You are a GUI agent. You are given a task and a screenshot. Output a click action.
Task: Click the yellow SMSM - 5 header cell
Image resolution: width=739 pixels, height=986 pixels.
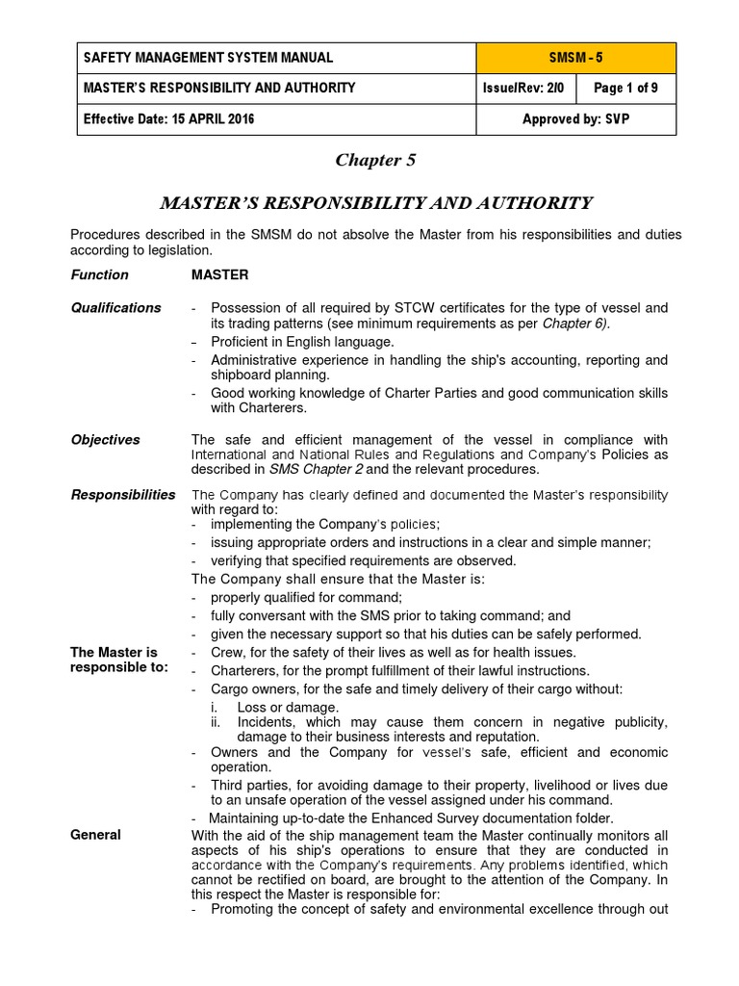pos(575,58)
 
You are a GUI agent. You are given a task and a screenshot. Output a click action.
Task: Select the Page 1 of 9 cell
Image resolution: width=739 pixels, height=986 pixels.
pos(626,89)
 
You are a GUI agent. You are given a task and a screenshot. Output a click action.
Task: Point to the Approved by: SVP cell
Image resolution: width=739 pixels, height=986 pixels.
pos(575,119)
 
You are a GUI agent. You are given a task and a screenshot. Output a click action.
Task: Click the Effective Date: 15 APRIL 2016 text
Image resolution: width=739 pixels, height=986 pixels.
pos(169,119)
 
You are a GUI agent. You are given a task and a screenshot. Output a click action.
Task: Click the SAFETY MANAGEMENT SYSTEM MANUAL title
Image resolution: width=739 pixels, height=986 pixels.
pos(208,58)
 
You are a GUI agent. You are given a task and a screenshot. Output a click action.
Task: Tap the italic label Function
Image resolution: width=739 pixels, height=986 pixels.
pos(99,275)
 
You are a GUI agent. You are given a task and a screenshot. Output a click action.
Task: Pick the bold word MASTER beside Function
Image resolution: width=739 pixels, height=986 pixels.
pos(219,275)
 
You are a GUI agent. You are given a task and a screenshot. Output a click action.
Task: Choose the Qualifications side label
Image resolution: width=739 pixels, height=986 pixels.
pos(115,308)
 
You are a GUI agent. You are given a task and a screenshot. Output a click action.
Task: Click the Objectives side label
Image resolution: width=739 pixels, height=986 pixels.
pos(105,440)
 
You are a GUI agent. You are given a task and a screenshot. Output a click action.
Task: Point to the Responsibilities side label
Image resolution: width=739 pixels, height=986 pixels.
pos(123,495)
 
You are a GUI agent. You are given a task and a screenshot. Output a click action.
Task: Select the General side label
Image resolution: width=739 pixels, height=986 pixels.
pos(95,835)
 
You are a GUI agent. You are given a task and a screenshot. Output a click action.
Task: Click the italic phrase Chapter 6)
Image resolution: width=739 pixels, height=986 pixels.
pos(575,324)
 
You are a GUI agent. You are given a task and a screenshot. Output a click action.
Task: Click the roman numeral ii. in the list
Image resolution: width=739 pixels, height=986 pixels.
pos(217,722)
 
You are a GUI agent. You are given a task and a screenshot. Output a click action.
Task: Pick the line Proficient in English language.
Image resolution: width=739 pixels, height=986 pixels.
pos(302,342)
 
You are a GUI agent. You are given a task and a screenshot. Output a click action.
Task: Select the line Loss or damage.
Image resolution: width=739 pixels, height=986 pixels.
pos(288,708)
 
